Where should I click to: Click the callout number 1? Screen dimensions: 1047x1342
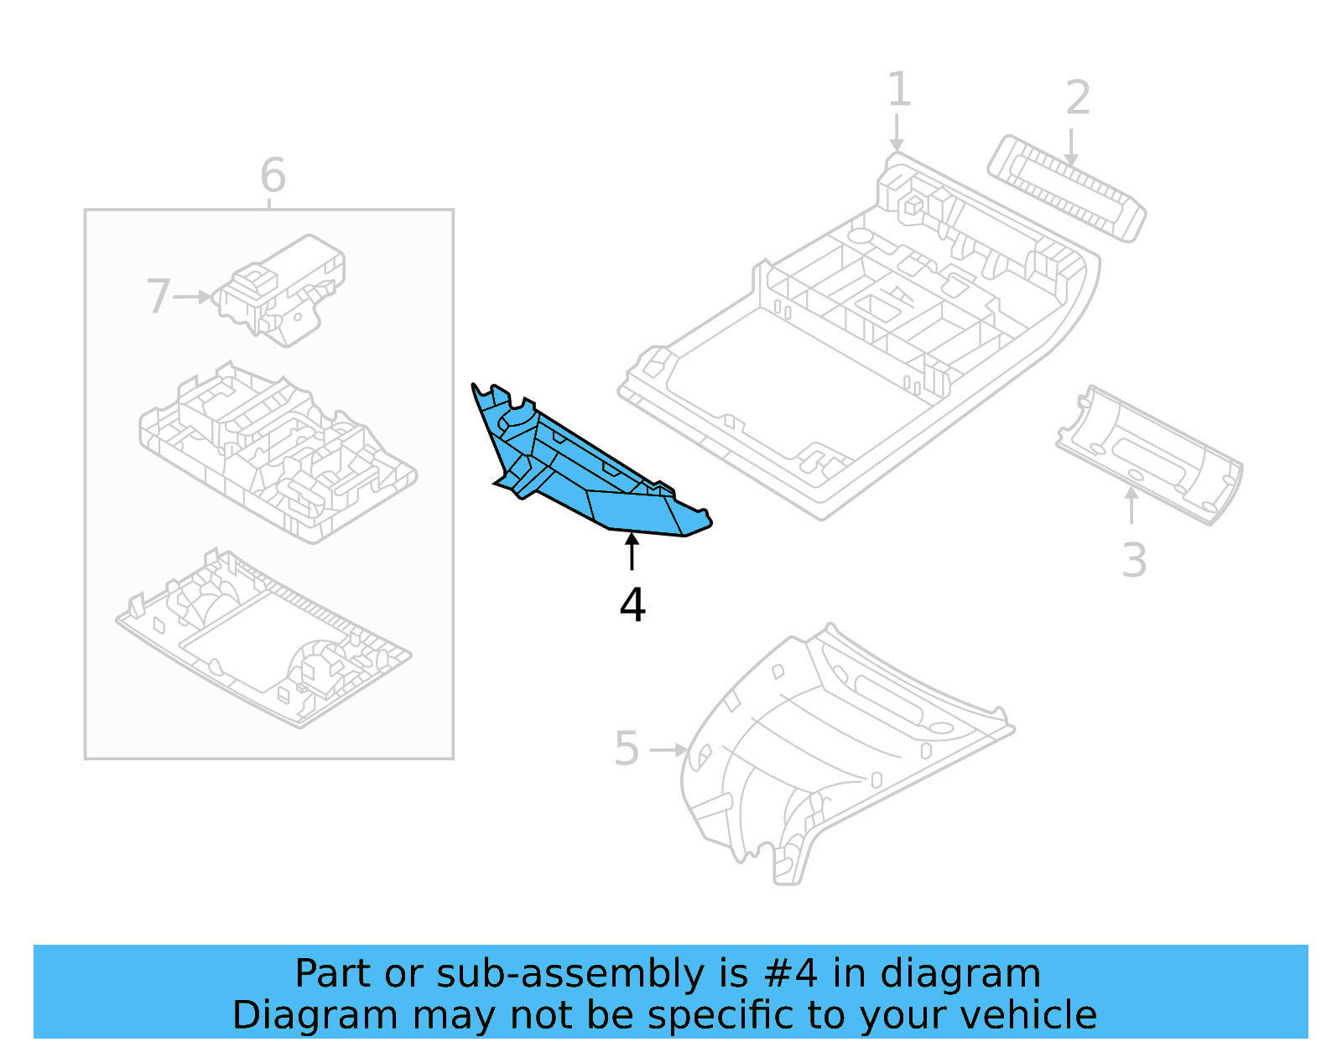click(x=898, y=90)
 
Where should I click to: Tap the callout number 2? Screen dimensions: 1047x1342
click(x=1078, y=98)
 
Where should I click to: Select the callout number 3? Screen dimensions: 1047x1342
click(x=1134, y=561)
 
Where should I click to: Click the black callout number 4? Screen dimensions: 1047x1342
click(x=632, y=604)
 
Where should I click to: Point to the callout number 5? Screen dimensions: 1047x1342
click(x=627, y=749)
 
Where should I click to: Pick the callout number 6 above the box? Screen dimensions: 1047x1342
click(x=273, y=175)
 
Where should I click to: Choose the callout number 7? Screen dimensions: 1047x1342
click(x=158, y=297)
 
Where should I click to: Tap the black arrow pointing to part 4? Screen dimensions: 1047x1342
click(x=632, y=552)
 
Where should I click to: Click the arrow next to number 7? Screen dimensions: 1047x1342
click(x=193, y=297)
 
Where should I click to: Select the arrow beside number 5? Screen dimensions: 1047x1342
click(x=668, y=749)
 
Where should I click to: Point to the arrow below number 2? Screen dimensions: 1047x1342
click(x=1071, y=147)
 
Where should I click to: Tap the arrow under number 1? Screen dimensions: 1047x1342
click(x=897, y=134)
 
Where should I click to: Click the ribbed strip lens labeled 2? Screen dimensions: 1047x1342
click(x=1065, y=189)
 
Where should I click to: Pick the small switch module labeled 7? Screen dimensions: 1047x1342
click(x=281, y=289)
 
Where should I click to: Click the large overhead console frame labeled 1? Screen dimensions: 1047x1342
click(x=856, y=335)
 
